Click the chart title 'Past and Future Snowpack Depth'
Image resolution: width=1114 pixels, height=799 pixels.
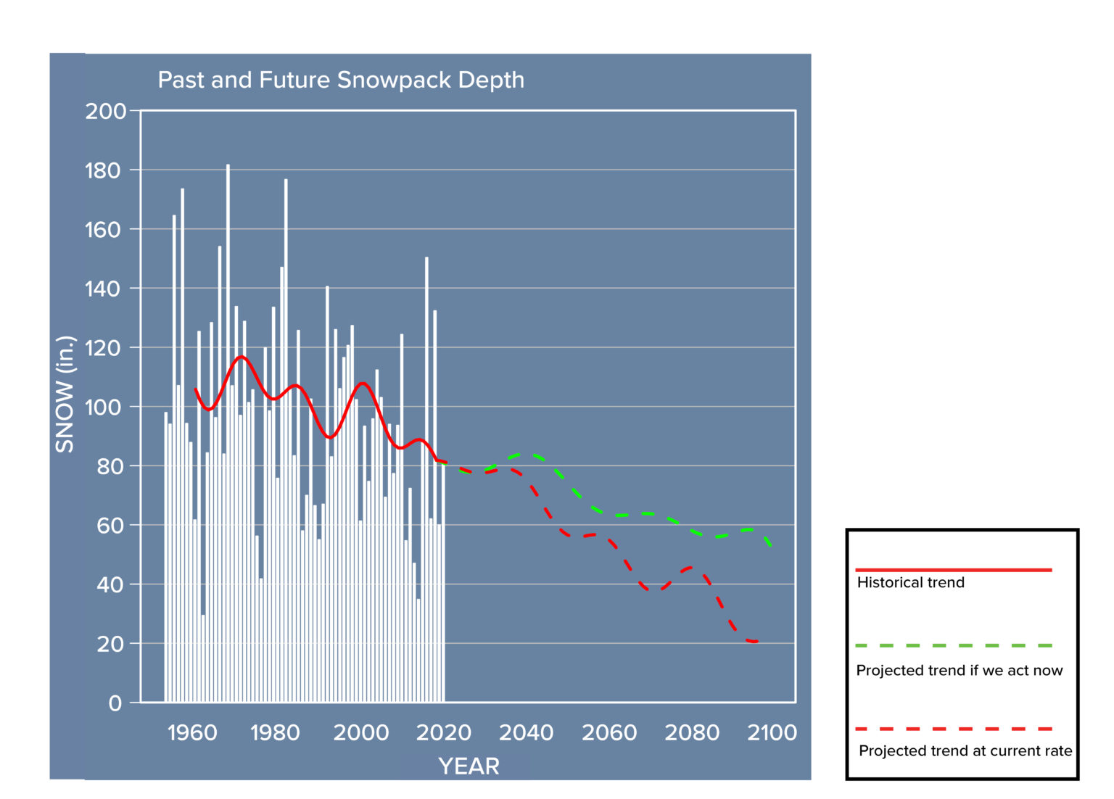click(x=341, y=80)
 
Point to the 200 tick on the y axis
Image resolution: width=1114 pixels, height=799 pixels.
click(x=105, y=112)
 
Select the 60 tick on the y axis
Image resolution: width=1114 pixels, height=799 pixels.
click(x=109, y=526)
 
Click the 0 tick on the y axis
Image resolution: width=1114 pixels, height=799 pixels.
click(x=115, y=703)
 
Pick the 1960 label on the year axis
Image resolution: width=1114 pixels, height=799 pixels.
click(x=192, y=733)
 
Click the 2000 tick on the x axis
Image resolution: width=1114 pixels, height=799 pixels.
click(x=360, y=733)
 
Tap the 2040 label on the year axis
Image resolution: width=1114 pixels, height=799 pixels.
click(x=526, y=733)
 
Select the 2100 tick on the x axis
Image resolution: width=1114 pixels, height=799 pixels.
click(x=772, y=733)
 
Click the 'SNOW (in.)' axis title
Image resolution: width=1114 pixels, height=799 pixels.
click(x=65, y=394)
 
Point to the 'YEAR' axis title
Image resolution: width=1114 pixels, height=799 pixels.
click(x=469, y=766)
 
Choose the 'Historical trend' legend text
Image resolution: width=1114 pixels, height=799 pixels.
click(x=910, y=582)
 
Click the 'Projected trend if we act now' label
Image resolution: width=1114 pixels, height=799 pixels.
click(x=959, y=670)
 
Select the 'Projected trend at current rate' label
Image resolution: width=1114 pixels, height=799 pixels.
click(x=965, y=750)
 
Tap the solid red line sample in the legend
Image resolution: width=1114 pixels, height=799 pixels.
click(x=953, y=570)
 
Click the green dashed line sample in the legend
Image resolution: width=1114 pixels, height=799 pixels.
click(x=953, y=645)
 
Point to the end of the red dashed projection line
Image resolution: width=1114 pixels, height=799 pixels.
click(x=756, y=642)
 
